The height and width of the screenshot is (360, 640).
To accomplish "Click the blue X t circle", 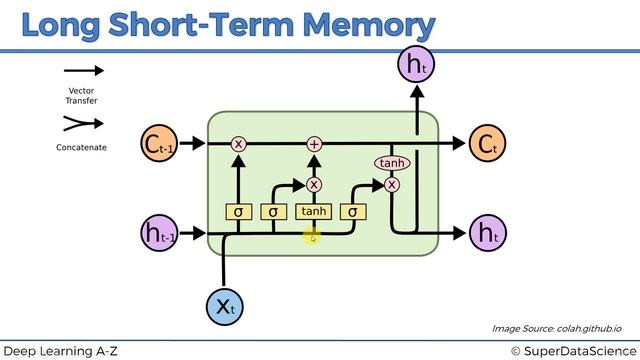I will tap(224, 306).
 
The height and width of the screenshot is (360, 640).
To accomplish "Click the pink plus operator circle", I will tap(314, 145).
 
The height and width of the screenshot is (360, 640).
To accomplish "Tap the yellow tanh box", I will tap(314, 211).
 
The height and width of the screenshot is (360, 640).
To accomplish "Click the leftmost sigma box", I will tap(238, 211).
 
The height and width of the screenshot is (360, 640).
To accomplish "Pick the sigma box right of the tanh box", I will tap(352, 211).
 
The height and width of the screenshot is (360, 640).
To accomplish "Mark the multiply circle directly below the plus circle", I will tap(314, 184).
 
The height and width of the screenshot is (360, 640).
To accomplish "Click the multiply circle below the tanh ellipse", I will tap(391, 184).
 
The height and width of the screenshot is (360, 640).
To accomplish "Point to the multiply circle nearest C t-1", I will tap(238, 145).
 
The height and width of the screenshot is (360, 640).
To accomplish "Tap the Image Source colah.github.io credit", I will tap(557, 328).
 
